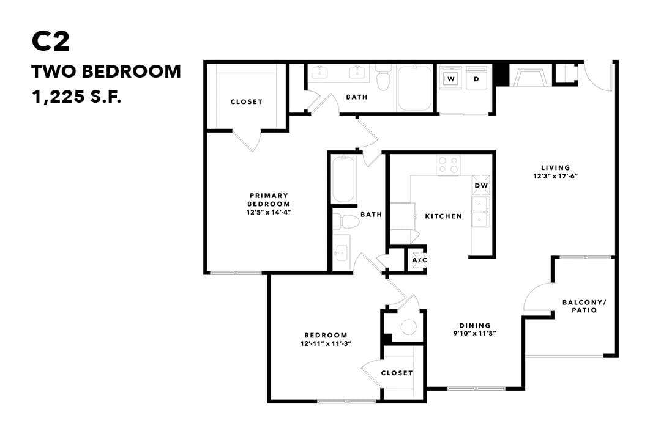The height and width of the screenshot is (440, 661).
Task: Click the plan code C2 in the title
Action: click(x=51, y=42)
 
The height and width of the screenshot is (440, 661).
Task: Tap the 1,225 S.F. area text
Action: click(x=77, y=97)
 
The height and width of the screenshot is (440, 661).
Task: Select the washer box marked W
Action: click(x=450, y=79)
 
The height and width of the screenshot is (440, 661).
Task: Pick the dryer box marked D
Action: click(x=476, y=79)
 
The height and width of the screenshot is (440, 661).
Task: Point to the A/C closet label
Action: click(x=419, y=260)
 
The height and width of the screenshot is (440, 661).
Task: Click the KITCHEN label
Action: click(x=444, y=216)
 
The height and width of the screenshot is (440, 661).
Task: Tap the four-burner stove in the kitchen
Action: click(x=448, y=165)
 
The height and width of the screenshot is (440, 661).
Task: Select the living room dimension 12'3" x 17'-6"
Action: click(x=555, y=175)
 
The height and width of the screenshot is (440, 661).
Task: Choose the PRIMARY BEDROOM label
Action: click(x=269, y=199)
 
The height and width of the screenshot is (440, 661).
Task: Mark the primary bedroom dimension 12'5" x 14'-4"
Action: click(x=269, y=213)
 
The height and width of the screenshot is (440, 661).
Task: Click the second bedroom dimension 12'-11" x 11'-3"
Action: click(x=326, y=343)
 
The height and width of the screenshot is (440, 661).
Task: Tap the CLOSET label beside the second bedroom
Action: click(x=397, y=373)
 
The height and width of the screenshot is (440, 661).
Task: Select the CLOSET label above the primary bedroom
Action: click(x=246, y=101)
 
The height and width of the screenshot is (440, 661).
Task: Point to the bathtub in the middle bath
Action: click(x=343, y=178)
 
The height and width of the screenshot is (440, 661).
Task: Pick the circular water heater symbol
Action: click(x=408, y=328)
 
